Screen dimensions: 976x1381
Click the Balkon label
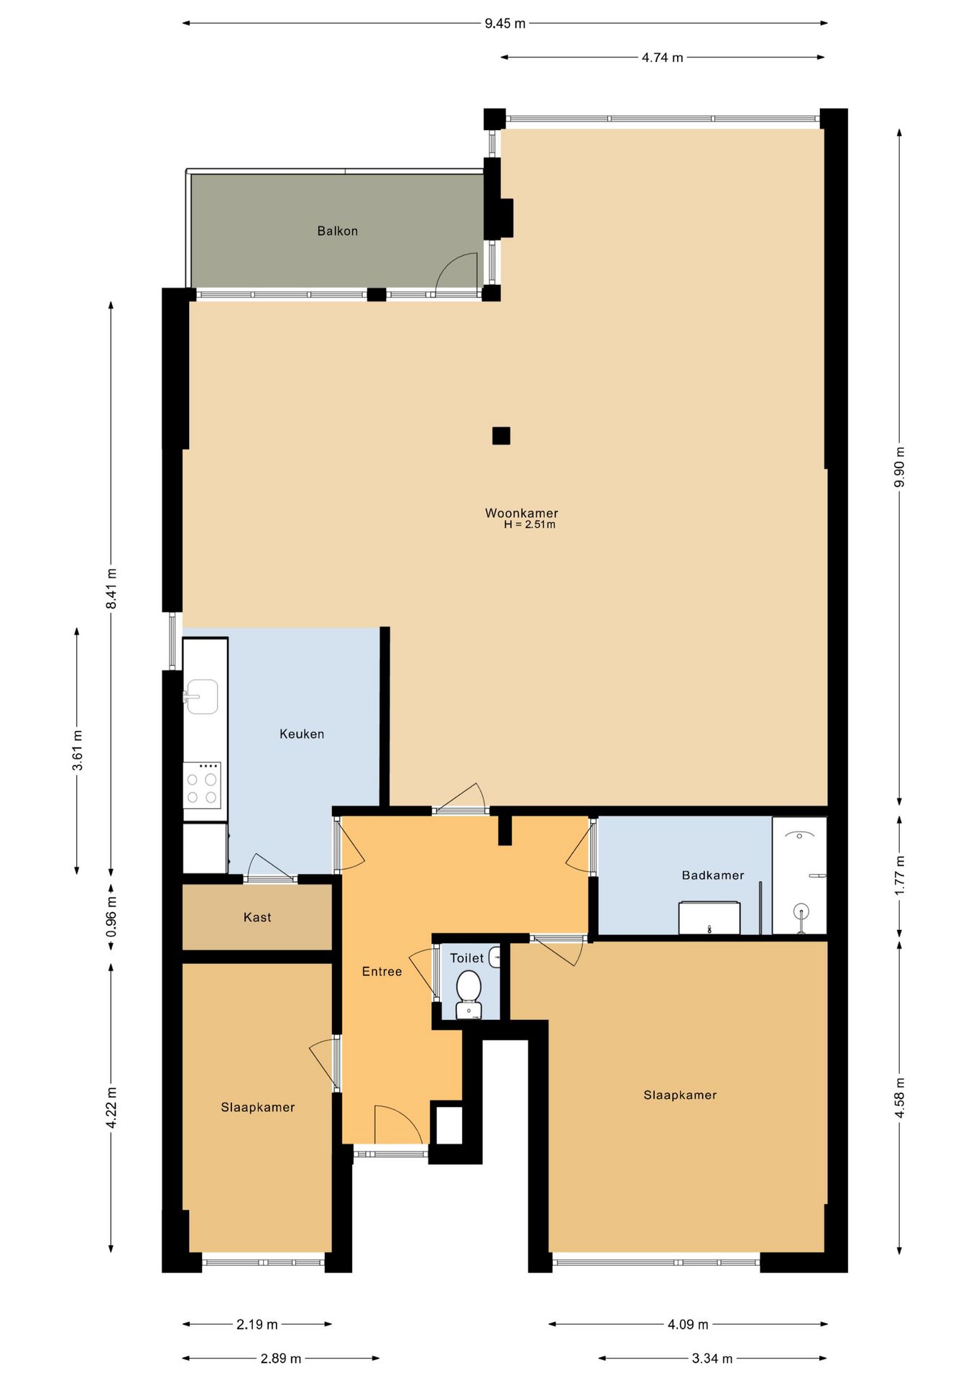(337, 231)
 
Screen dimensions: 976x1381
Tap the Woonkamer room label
(521, 513)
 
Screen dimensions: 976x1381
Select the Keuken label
(302, 734)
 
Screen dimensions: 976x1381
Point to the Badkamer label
(713, 875)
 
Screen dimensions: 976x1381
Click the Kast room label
(257, 917)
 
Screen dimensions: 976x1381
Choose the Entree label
(382, 972)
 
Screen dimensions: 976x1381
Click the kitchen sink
(201, 696)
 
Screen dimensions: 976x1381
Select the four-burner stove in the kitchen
(202, 785)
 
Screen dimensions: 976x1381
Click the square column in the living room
(501, 436)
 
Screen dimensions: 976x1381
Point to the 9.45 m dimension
(505, 23)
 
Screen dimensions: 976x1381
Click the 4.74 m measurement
(662, 58)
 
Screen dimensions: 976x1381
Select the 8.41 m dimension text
(111, 588)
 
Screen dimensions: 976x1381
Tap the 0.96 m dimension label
(111, 917)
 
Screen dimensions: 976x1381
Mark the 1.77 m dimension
(899, 875)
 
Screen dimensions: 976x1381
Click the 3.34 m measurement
(712, 1358)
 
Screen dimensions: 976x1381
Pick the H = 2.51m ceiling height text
(530, 525)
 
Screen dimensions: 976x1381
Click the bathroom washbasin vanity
(709, 918)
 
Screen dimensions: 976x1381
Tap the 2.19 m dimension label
(257, 1324)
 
